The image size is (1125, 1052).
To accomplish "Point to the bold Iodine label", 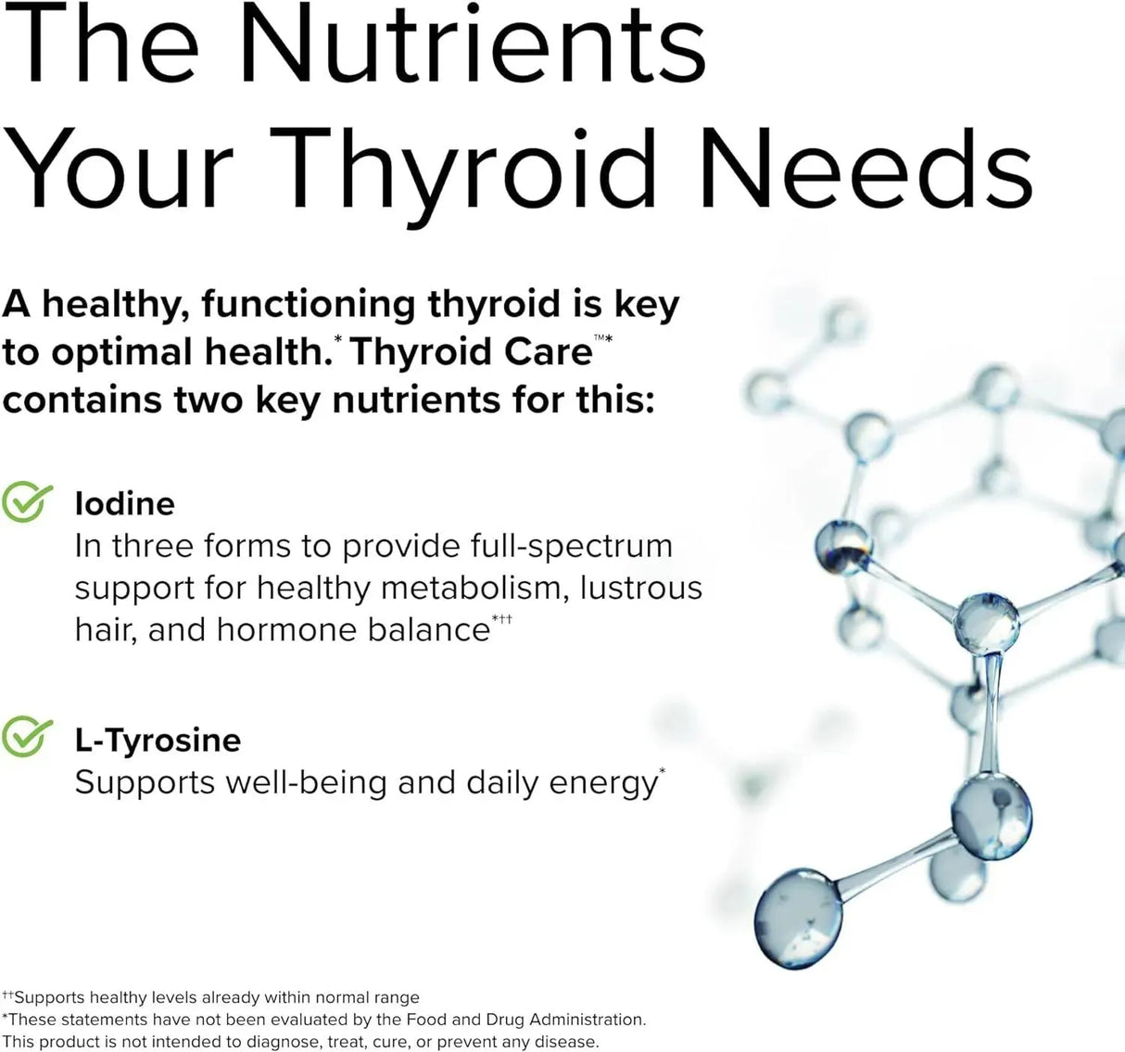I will coord(124,503).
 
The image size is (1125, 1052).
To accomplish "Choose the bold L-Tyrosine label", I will coord(158,740).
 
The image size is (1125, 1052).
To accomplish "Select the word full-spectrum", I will coord(572,546).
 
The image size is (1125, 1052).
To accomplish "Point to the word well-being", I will coord(306,783).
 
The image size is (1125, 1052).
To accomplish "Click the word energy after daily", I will coord(602,783).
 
